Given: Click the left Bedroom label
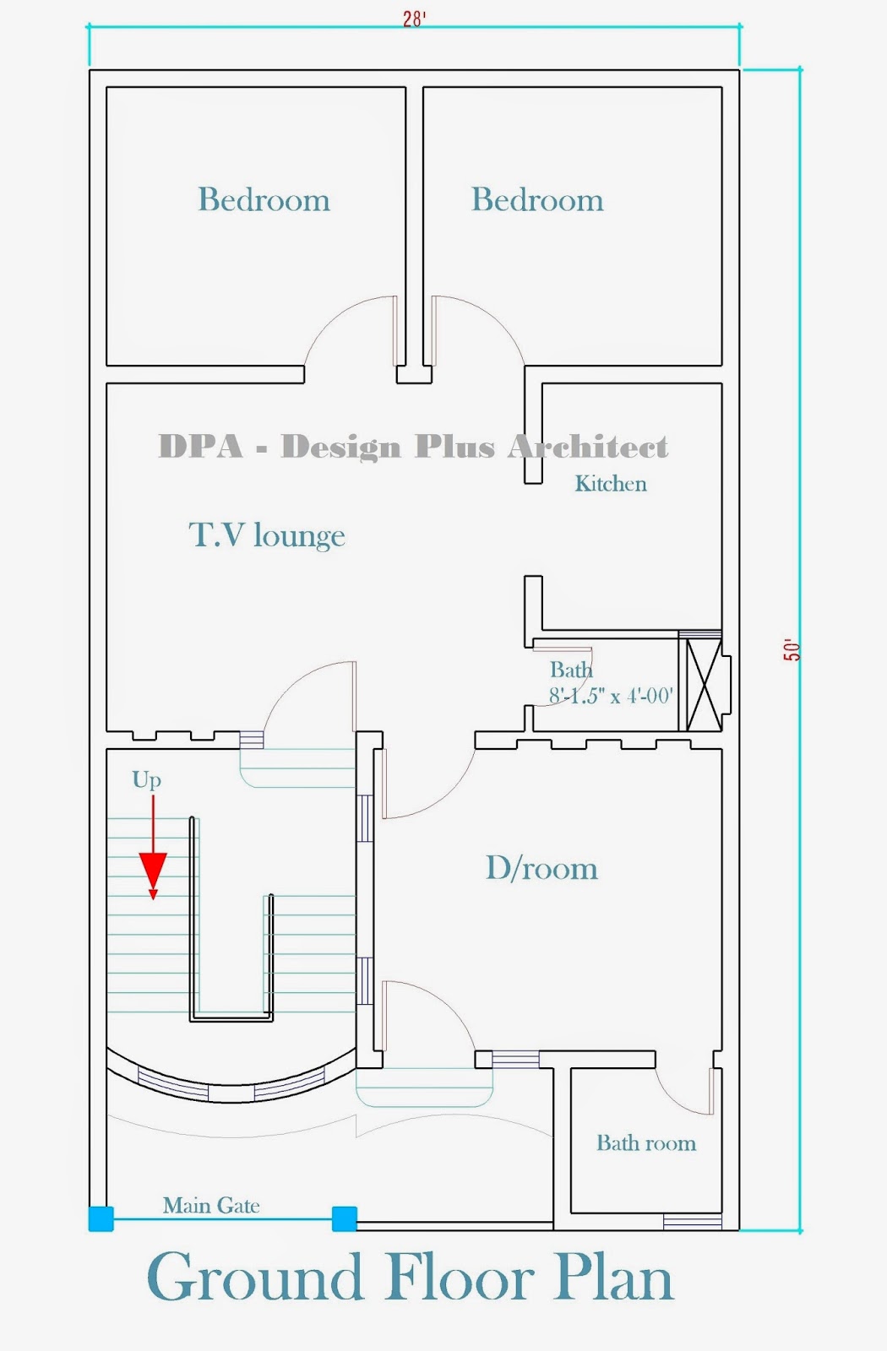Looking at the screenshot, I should (264, 200).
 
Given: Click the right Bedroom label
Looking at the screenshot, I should (537, 200).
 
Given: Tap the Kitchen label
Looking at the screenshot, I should (611, 484).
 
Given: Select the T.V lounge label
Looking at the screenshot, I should (267, 535).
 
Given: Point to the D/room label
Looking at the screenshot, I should (541, 868).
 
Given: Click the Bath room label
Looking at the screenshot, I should (646, 1143).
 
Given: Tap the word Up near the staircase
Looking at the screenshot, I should (146, 779).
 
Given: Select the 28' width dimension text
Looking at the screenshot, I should (414, 19).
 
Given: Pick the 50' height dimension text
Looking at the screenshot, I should (792, 650).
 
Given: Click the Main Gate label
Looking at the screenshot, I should (211, 1206).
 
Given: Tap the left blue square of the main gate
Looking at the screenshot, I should (101, 1218).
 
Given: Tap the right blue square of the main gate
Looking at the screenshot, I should (344, 1218).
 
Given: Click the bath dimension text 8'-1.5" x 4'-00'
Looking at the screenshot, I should (611, 696).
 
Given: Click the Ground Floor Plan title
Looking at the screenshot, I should (411, 1278).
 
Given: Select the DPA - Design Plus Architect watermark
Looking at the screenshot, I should (413, 447).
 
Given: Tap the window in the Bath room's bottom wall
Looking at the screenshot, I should (693, 1221).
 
